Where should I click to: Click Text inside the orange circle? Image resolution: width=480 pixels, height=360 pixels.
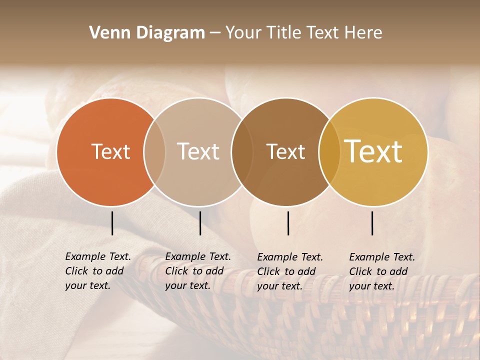(110, 151)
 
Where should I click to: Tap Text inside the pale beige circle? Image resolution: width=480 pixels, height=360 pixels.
(198, 151)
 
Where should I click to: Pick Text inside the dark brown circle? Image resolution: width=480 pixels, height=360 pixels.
(285, 151)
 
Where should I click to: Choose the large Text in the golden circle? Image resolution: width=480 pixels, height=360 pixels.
(373, 151)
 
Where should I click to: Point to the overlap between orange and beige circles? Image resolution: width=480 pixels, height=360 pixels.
(154, 152)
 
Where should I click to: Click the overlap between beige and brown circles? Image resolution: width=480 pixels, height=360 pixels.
(241, 152)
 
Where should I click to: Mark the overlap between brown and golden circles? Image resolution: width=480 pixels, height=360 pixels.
(329, 152)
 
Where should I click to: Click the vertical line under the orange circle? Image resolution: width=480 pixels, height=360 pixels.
(112, 223)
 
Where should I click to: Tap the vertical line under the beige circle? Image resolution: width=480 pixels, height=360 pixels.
(200, 223)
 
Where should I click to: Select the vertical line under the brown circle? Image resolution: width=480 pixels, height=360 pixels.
(288, 223)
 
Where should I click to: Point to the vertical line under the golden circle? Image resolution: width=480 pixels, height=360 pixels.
(372, 223)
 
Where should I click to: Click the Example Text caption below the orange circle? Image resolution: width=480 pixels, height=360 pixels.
(97, 271)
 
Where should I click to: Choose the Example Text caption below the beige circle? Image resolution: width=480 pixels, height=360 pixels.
(197, 271)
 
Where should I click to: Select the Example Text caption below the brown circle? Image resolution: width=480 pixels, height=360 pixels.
(289, 271)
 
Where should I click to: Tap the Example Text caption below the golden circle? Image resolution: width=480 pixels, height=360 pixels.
(381, 271)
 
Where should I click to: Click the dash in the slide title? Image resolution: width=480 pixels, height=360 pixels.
(215, 33)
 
